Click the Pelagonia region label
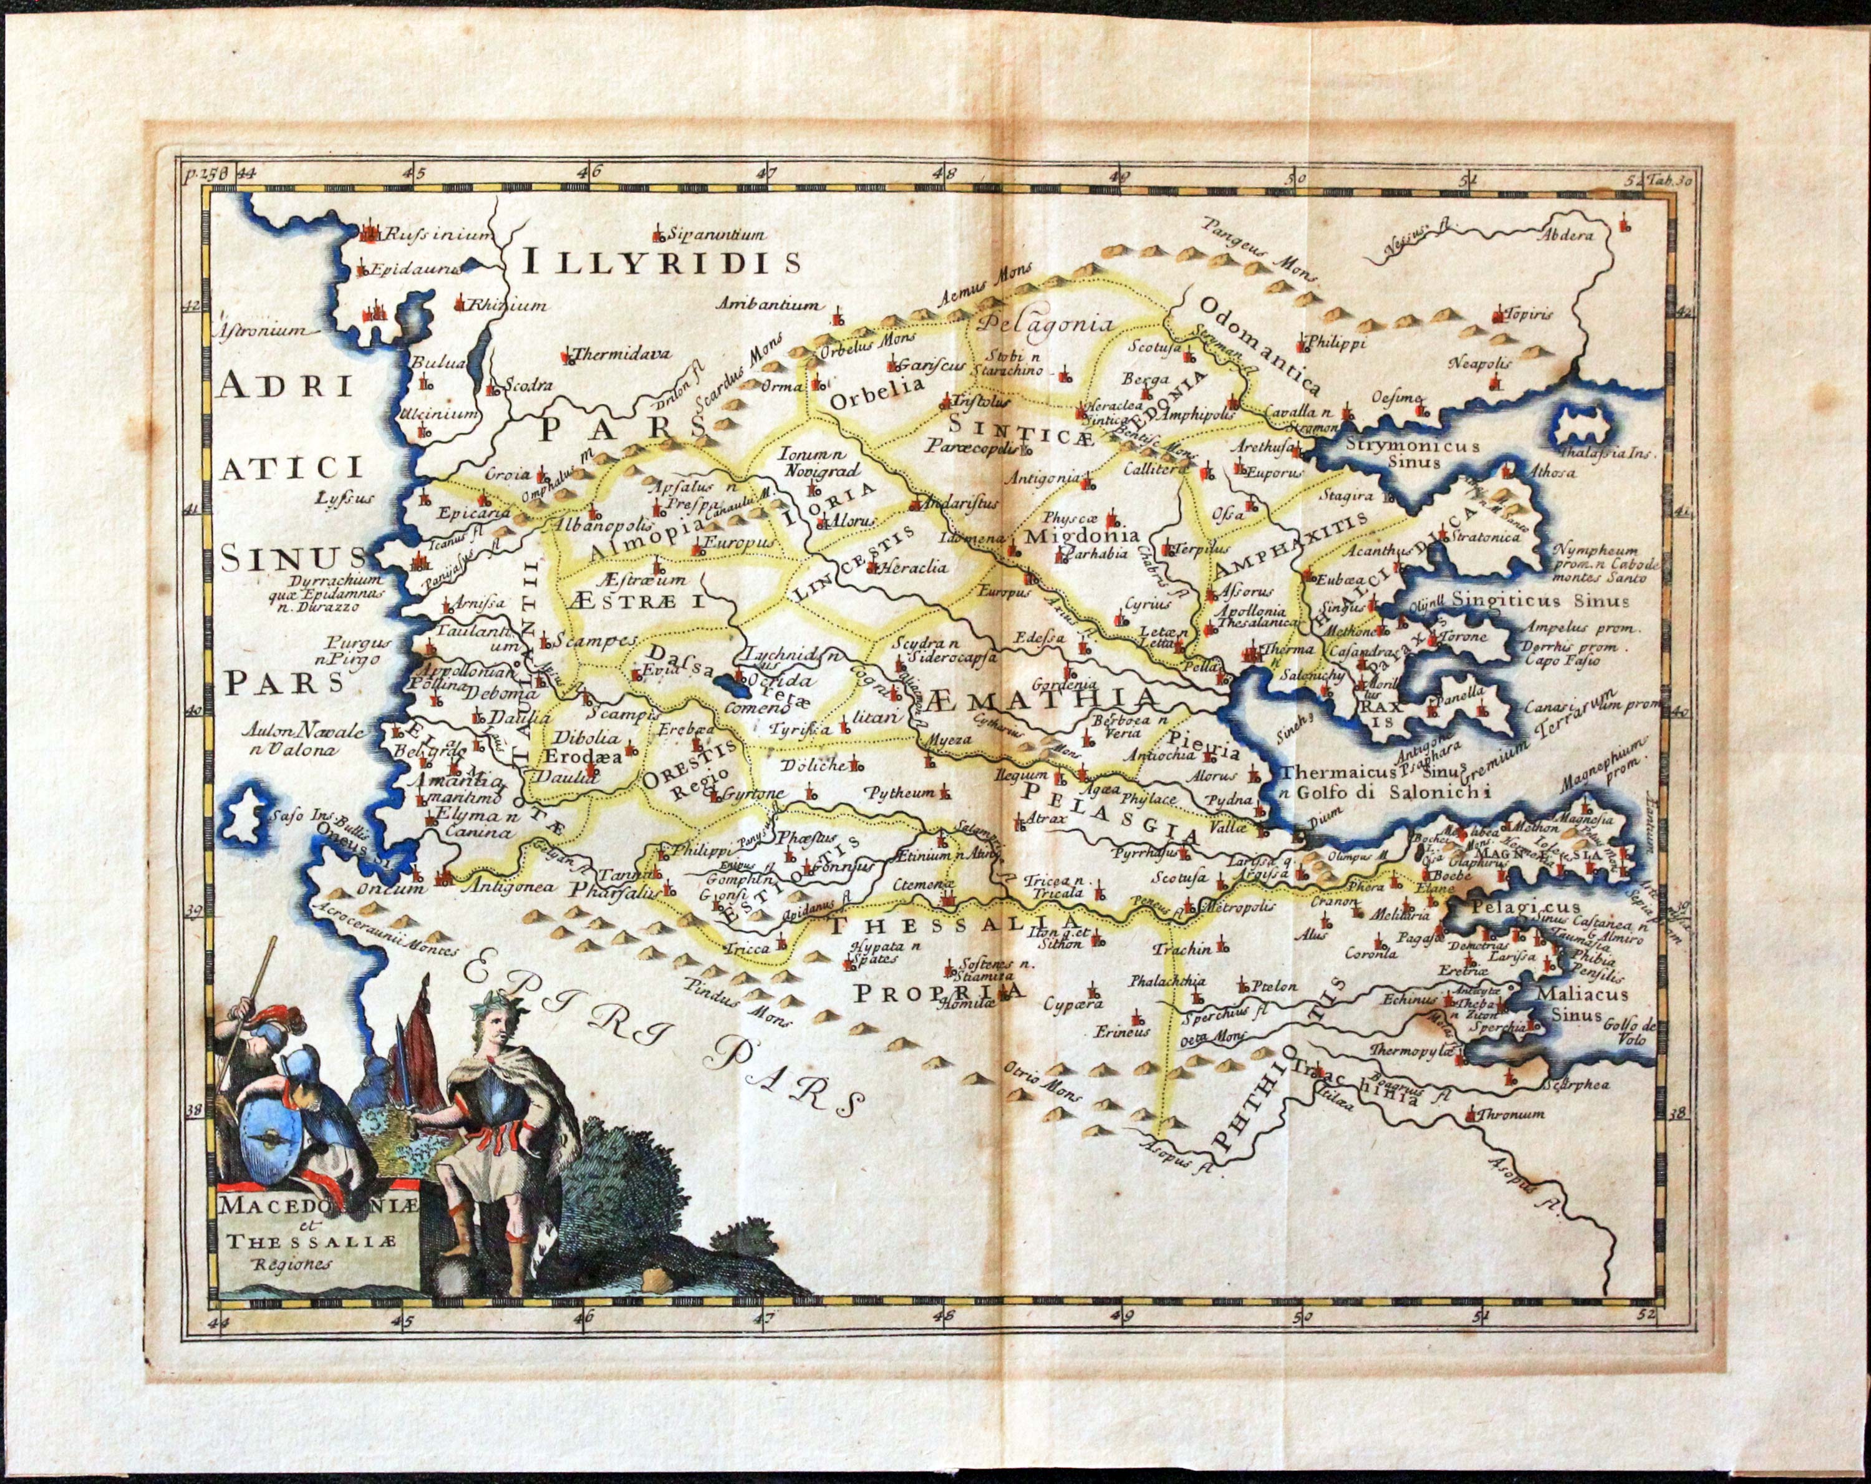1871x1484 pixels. click(1045, 324)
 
